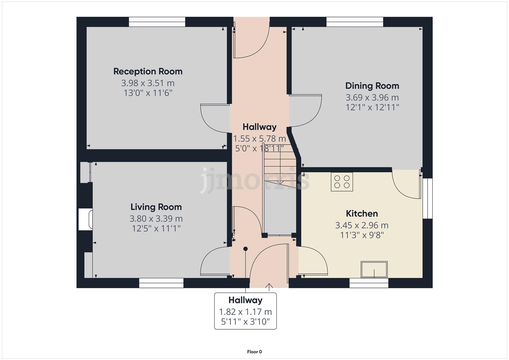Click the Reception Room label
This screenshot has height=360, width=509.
(148, 71)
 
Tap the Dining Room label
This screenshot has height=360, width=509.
(372, 86)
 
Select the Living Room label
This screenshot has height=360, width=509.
(156, 207)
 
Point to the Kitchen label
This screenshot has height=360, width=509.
(362, 213)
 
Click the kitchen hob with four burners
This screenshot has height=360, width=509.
(342, 181)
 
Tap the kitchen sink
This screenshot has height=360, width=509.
(374, 269)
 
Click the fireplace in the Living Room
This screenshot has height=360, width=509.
(85, 219)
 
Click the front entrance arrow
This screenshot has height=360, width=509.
(269, 286)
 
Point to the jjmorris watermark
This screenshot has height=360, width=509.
(255, 180)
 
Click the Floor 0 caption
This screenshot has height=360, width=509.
(254, 352)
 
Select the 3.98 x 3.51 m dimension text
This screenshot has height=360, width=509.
(148, 83)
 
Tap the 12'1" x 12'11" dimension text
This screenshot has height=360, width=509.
(372, 107)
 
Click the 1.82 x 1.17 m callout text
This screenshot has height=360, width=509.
(245, 312)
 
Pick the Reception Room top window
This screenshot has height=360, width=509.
(157, 22)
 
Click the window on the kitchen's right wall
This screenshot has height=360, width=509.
(428, 198)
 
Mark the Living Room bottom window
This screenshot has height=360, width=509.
(161, 283)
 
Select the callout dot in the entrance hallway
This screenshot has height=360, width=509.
(245, 249)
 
